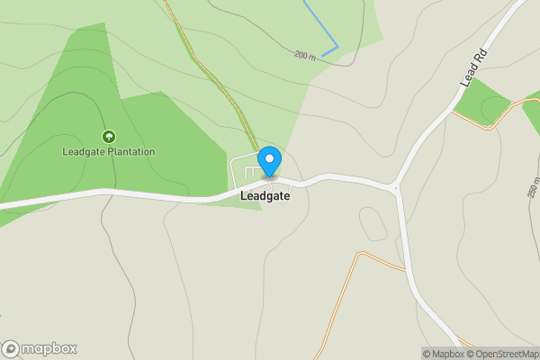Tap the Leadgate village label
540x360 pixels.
pyautogui.click(x=265, y=195)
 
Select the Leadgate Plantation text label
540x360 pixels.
pyautogui.click(x=109, y=151)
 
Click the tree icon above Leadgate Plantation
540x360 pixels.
pyautogui.click(x=109, y=137)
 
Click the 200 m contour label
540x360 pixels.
pyautogui.click(x=305, y=56)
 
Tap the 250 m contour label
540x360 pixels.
pyautogui.click(x=532, y=187)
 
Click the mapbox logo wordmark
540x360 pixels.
pyautogui.click(x=49, y=348)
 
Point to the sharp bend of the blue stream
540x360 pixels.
pyautogui.click(x=337, y=45)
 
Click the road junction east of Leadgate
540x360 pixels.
pyautogui.click(x=394, y=188)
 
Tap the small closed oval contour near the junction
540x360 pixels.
pyautogui.click(x=373, y=223)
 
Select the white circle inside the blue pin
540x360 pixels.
pyautogui.click(x=269, y=157)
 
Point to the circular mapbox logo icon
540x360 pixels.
pyautogui.click(x=12, y=348)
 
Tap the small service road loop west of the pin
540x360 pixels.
pyautogui.click(x=244, y=171)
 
